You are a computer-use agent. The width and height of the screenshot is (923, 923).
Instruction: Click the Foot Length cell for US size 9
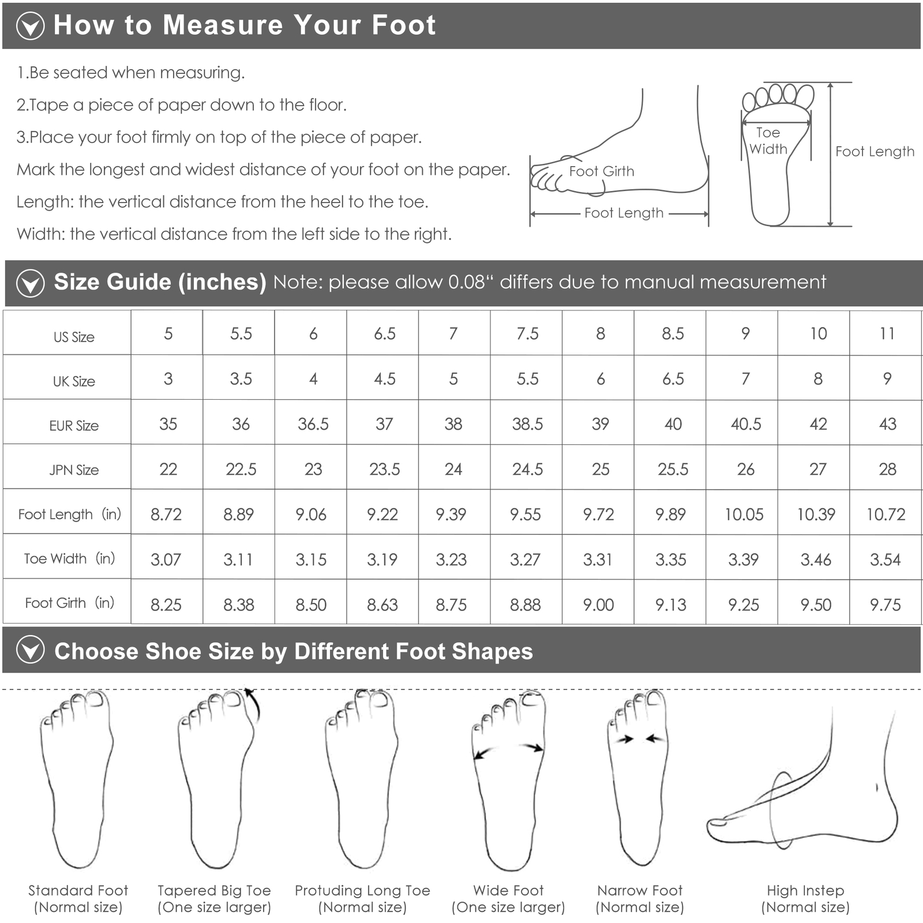(744, 514)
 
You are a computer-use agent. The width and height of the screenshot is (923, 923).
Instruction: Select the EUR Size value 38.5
(527, 424)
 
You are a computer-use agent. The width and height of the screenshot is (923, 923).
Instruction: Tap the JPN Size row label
(74, 470)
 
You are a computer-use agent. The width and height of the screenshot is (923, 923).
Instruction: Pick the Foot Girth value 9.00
(598, 605)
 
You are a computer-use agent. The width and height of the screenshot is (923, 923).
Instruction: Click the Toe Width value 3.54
(886, 559)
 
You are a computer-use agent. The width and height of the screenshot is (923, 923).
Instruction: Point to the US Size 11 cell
(887, 333)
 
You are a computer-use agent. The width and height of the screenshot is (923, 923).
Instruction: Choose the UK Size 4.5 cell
(385, 378)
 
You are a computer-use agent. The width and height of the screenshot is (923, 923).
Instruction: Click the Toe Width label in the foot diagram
(768, 141)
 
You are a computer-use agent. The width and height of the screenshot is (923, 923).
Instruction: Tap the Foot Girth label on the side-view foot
(602, 171)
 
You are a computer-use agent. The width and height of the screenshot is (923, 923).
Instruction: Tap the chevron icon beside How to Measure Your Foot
(30, 26)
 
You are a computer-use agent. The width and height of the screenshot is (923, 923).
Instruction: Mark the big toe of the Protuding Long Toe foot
(378, 699)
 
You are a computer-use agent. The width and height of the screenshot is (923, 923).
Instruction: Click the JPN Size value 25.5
(673, 469)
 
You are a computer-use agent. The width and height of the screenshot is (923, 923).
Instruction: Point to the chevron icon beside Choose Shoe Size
(31, 650)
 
